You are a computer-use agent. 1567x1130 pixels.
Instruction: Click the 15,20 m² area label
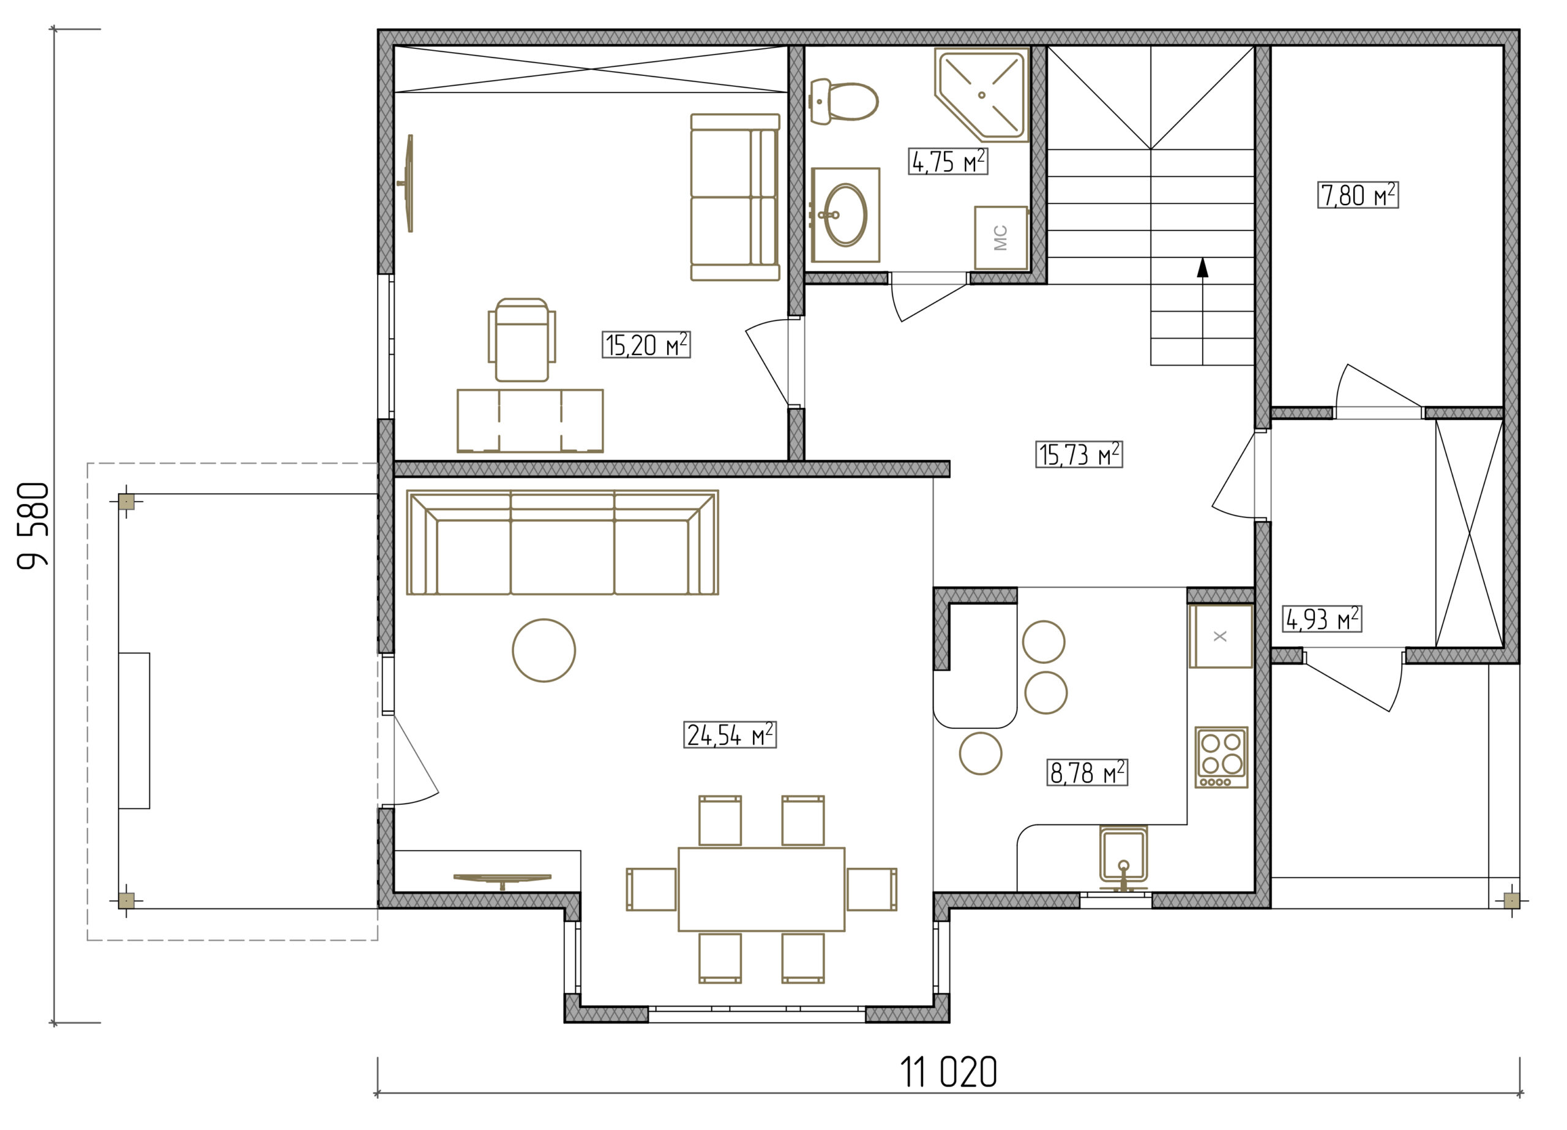point(646,345)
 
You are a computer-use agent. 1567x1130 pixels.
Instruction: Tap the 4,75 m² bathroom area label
point(948,161)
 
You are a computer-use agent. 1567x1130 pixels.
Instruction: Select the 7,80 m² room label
point(1358,195)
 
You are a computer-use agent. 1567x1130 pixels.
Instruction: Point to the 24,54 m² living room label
point(730,735)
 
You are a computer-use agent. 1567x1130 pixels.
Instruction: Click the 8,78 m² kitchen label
point(1087,772)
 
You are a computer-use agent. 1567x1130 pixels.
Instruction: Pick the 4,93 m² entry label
point(1322,619)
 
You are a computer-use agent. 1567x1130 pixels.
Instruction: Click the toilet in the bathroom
point(843,102)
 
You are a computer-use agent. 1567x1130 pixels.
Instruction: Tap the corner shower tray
point(982,95)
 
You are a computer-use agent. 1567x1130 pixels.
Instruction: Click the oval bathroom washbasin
point(845,215)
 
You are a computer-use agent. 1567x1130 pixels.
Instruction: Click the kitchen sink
point(1123,857)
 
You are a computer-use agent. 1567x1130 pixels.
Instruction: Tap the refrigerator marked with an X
point(1221,636)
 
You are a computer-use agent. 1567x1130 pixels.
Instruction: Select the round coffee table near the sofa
point(544,650)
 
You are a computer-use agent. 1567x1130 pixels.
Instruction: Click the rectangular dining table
point(761,889)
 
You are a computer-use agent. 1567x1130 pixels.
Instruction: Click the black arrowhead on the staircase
point(1203,268)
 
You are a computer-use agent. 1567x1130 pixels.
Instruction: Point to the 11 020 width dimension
point(949,1072)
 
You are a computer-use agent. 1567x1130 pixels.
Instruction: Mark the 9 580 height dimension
point(33,525)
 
